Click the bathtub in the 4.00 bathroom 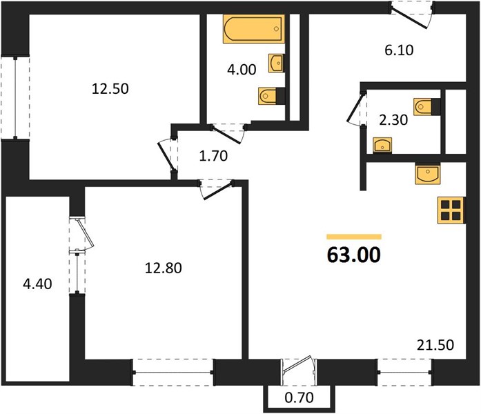click(x=254, y=29)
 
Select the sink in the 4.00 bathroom click(x=276, y=63)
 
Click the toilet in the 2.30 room click(x=426, y=107)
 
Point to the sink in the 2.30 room click(x=382, y=146)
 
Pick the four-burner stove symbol click(x=451, y=210)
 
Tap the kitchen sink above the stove click(x=427, y=174)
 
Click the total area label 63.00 click(x=354, y=255)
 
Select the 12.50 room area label click(x=110, y=89)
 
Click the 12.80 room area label click(x=163, y=268)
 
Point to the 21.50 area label click(x=435, y=345)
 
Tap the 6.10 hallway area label click(x=399, y=50)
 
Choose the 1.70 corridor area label click(x=213, y=156)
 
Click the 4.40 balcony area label click(x=37, y=284)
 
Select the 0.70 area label click(x=299, y=398)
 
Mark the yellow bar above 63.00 click(x=354, y=237)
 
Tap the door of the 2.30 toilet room click(x=357, y=108)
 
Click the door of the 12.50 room click(x=166, y=155)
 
